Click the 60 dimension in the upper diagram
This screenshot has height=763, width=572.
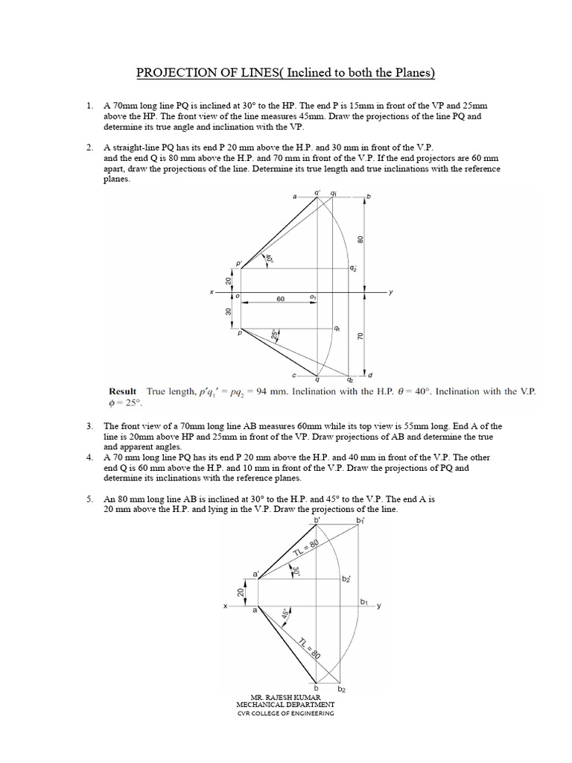(x=281, y=298)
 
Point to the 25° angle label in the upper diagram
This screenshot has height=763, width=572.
(x=276, y=335)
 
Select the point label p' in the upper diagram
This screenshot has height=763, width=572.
(x=239, y=264)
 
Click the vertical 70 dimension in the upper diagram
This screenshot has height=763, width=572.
(x=360, y=337)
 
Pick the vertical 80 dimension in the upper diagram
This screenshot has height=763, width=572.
(x=360, y=240)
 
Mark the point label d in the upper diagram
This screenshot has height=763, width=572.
(x=370, y=374)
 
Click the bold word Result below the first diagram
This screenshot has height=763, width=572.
(x=123, y=391)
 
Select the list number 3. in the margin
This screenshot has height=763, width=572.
(x=89, y=426)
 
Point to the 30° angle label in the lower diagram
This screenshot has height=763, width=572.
(x=296, y=572)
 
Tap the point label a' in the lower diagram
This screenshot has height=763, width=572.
(x=256, y=574)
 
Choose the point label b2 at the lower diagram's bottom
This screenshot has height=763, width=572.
(x=342, y=690)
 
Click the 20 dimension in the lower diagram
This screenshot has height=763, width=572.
(x=241, y=591)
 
